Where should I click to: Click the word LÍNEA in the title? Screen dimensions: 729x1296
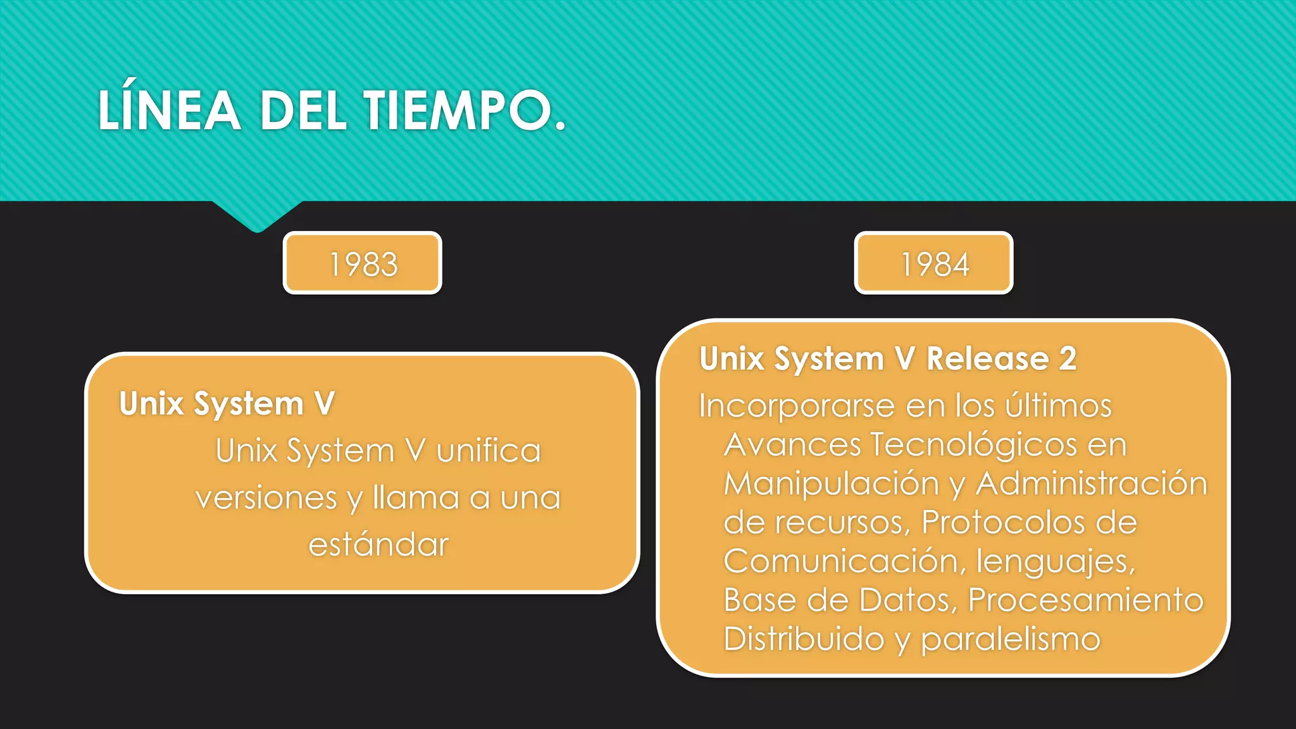tap(169, 111)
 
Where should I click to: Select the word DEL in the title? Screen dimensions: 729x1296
tap(303, 111)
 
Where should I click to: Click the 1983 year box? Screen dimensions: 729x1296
tap(363, 263)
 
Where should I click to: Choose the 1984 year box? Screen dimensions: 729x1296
tap(934, 263)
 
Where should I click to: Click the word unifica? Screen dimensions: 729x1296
tap(489, 451)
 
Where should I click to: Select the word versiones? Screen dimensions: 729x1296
tap(266, 498)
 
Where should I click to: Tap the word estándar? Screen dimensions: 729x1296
tap(378, 545)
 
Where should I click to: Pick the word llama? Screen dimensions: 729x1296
tap(416, 498)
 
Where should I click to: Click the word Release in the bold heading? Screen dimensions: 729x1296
tap(988, 359)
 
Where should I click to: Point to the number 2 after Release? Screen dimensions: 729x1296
tap(1068, 359)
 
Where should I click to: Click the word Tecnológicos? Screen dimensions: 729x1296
tap(974, 444)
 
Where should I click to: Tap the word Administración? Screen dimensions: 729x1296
tap(1092, 483)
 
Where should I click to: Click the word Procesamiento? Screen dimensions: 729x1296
tap(1086, 600)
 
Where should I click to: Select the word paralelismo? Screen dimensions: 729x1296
tap(1011, 639)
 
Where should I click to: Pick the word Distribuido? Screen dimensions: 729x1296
tap(804, 639)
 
